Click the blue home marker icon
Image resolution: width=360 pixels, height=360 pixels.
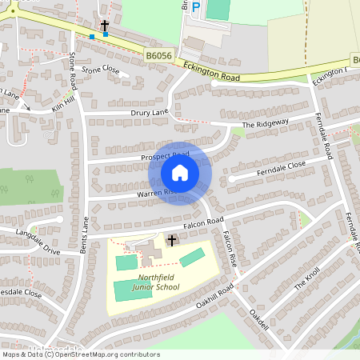[x=180, y=172]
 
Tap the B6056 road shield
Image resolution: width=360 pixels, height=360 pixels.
[x=159, y=54]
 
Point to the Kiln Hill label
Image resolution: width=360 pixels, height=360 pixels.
[x=62, y=102]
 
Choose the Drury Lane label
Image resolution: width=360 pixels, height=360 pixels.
[x=150, y=114]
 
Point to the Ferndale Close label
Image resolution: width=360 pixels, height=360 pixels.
[x=281, y=169]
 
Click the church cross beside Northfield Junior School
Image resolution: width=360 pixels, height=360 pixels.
[x=171, y=240]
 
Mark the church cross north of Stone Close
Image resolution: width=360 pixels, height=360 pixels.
[x=105, y=26]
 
